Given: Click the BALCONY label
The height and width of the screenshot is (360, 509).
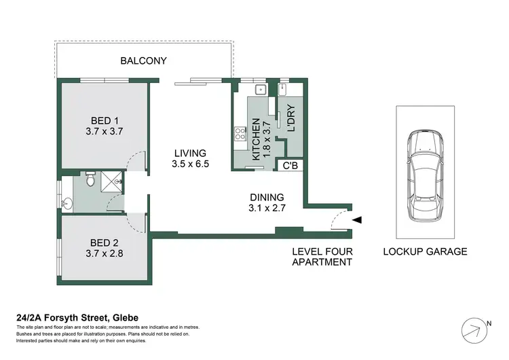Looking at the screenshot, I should click(x=143, y=61).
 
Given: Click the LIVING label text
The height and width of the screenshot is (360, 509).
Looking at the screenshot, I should click(x=189, y=153).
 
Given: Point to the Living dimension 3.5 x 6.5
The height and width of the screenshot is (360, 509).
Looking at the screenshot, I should click(x=189, y=164).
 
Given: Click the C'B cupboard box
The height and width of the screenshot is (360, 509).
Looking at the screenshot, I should click(x=290, y=164).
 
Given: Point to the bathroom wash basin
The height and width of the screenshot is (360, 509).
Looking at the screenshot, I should click(x=67, y=203).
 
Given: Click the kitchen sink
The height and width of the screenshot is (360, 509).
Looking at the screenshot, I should click(x=260, y=89).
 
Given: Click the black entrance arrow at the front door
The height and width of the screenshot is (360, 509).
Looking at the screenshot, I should click(x=358, y=219).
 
